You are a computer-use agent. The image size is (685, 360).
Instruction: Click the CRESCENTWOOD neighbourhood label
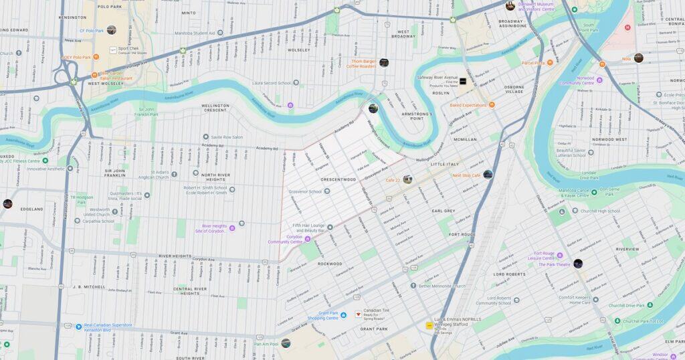[338, 179]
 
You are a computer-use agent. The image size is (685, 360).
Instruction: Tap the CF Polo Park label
[92, 31]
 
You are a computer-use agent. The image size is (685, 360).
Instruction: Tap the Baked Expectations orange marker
[492, 105]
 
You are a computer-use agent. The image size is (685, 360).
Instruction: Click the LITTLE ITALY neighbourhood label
[446, 164]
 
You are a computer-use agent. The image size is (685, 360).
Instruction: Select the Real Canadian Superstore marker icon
[78, 327]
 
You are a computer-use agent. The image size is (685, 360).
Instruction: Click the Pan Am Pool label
[267, 344]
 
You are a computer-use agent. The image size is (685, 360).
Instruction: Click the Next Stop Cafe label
[466, 175]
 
